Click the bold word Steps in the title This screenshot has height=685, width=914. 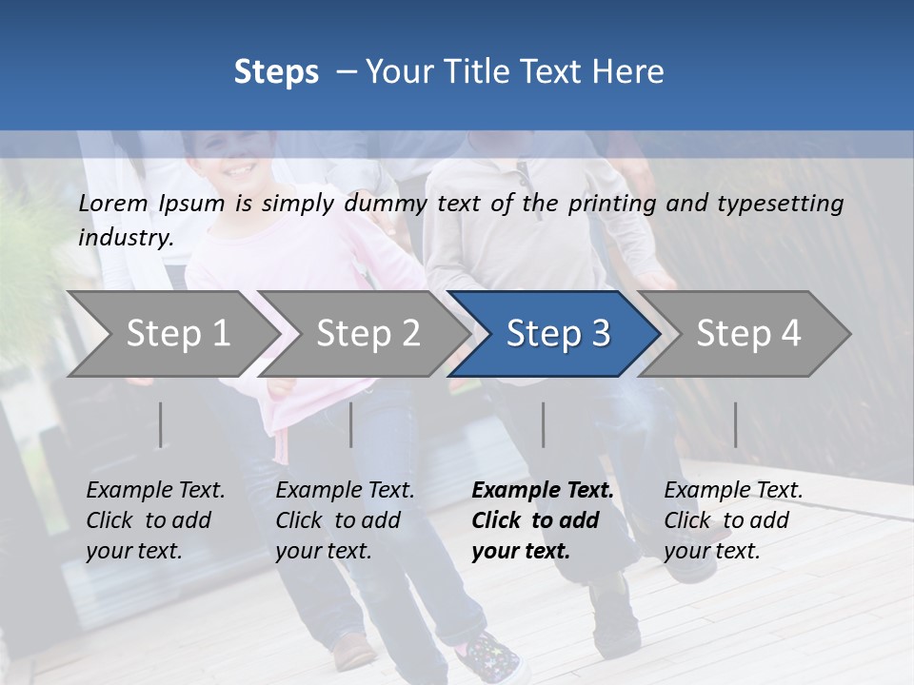[x=276, y=72]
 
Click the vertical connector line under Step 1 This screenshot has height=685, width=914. [x=161, y=424]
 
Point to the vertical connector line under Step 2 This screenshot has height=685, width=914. [x=351, y=424]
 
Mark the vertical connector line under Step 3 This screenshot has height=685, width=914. [x=544, y=424]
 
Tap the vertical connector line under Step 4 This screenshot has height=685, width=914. [x=735, y=424]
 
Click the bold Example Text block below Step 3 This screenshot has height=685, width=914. [x=543, y=520]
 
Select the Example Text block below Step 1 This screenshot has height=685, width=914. [x=155, y=520]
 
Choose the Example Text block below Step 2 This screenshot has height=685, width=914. [x=345, y=520]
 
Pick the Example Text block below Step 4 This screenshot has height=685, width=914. [x=733, y=520]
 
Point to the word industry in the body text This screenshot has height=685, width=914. [x=125, y=238]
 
